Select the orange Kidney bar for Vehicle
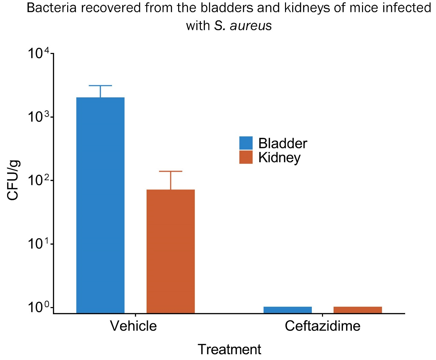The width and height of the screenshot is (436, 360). tap(171, 251)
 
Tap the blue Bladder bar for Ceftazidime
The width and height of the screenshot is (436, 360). tap(287, 310)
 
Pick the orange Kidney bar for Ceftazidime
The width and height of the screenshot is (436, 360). tap(358, 310)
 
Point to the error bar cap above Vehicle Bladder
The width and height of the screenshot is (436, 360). tap(100, 86)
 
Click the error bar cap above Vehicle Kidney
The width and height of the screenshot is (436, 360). tap(171, 171)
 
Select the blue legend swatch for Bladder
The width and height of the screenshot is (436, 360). tap(246, 143)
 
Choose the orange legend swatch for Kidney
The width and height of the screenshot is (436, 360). tap(246, 157)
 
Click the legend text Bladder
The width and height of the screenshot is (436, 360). tap(283, 144)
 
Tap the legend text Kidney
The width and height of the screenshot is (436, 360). tap(279, 158)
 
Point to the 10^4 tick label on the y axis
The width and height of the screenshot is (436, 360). tap(39, 54)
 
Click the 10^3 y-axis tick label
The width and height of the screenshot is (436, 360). tap(39, 117)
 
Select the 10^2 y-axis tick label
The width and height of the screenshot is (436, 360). tap(39, 181)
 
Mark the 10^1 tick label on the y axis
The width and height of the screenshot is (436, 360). tap(39, 244)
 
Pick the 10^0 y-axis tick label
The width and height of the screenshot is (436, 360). tap(39, 307)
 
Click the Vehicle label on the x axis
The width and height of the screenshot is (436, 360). tap(133, 326)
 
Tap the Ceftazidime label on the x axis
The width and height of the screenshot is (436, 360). tap(322, 326)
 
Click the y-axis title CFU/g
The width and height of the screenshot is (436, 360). tap(13, 180)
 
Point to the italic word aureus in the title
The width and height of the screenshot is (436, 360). tap(251, 26)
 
